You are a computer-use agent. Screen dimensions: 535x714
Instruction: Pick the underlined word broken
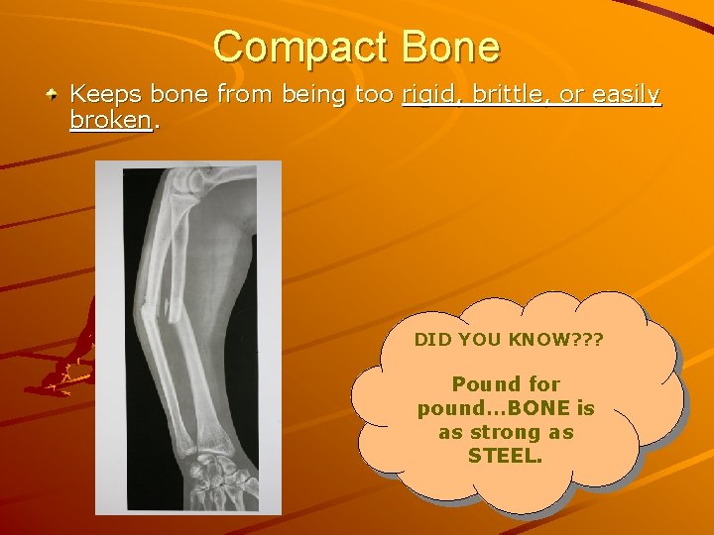110,121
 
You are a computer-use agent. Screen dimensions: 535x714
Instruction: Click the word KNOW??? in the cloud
560,340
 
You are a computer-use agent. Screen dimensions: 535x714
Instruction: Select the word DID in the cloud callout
431,340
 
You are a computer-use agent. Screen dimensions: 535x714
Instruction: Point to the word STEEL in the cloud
506,457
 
